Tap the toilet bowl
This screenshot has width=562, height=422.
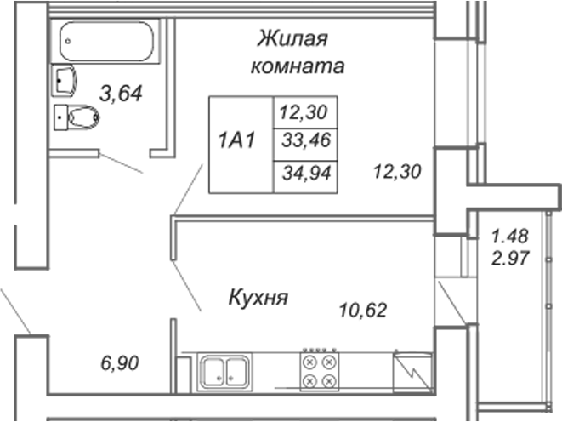click(x=77, y=117)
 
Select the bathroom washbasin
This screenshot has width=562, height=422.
click(x=64, y=80)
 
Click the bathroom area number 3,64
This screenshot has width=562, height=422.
click(x=121, y=94)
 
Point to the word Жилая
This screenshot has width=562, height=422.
click(x=292, y=38)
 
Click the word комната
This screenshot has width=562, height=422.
click(x=298, y=66)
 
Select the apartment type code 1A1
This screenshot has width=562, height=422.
click(x=236, y=140)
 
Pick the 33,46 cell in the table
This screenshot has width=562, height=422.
click(x=306, y=140)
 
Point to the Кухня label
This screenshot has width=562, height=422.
click(x=258, y=298)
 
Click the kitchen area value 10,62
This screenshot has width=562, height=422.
click(x=363, y=311)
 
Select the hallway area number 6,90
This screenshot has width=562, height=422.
click(x=120, y=363)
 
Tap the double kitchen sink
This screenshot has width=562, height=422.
click(x=224, y=372)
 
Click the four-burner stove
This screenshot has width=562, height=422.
click(x=320, y=371)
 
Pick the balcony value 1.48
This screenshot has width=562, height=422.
click(x=510, y=237)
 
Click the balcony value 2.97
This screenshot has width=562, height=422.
click(x=510, y=258)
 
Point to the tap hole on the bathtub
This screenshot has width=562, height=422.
click(x=68, y=41)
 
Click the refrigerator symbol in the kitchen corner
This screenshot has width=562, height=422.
click(x=412, y=372)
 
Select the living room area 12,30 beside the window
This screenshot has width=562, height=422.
click(x=397, y=171)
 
